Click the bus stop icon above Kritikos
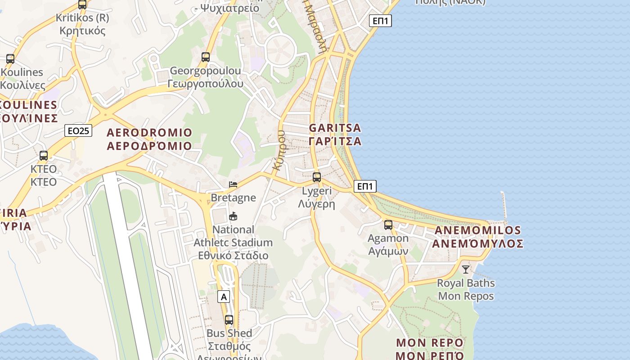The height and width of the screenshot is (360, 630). (x=82, y=5)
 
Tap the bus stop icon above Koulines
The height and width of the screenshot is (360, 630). (x=10, y=58)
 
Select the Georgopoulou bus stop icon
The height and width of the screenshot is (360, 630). (x=206, y=57)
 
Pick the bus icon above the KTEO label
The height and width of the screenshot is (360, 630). (x=44, y=156)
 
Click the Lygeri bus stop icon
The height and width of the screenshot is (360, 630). (x=317, y=177)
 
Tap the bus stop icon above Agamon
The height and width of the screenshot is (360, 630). (x=388, y=225)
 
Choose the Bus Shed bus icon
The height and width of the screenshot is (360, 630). (x=229, y=320)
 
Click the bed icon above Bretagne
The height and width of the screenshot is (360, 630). (x=233, y=184)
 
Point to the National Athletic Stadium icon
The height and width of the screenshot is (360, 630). (x=233, y=216)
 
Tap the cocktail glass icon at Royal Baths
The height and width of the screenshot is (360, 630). (x=466, y=270)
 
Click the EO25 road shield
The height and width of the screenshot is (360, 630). (x=78, y=130)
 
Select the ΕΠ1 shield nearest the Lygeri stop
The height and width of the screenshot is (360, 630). (x=365, y=186)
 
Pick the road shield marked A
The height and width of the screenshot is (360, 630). (x=224, y=297)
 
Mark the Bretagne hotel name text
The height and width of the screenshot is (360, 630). (x=233, y=198)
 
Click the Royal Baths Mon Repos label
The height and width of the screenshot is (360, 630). (x=466, y=289)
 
